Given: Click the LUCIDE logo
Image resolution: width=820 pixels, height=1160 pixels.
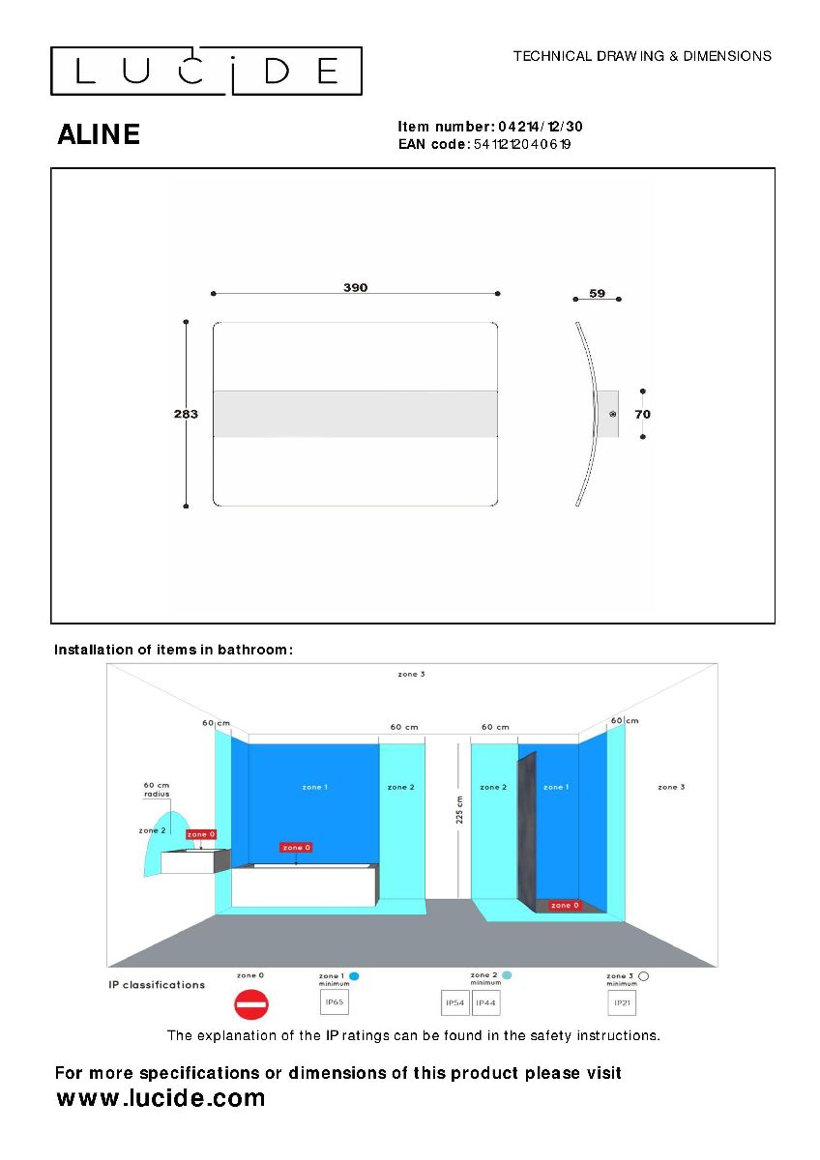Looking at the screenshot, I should (x=206, y=71).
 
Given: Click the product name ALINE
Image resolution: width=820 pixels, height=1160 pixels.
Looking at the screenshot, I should (x=99, y=134).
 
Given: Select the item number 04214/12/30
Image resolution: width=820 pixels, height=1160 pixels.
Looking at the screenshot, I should (x=540, y=127).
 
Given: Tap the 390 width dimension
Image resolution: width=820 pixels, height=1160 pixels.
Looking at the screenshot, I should (x=355, y=287).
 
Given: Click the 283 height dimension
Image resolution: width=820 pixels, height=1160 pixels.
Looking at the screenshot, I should (x=186, y=414).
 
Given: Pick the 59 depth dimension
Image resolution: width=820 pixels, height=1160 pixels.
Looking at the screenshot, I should (x=597, y=293).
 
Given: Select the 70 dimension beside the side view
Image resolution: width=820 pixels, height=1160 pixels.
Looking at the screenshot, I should (x=642, y=414).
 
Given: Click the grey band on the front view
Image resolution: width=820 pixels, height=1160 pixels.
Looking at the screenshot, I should (x=355, y=414).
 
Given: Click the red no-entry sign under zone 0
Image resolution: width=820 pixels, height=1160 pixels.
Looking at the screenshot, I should (x=250, y=1005).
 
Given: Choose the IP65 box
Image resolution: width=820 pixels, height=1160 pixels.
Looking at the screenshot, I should (x=334, y=1003).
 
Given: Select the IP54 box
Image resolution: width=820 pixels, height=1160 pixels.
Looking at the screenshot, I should (x=455, y=1003).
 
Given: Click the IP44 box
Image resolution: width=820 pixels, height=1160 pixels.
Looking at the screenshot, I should (x=485, y=1003).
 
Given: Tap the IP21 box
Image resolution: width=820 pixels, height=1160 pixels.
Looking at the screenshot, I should (x=622, y=1003).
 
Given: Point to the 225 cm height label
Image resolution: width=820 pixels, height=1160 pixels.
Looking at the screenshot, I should (x=459, y=809).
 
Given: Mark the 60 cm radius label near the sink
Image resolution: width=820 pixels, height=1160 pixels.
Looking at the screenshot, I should (x=157, y=790).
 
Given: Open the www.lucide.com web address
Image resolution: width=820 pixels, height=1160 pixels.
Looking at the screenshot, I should (x=161, y=1098).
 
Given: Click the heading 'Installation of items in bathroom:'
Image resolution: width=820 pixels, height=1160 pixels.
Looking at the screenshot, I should (x=173, y=650).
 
